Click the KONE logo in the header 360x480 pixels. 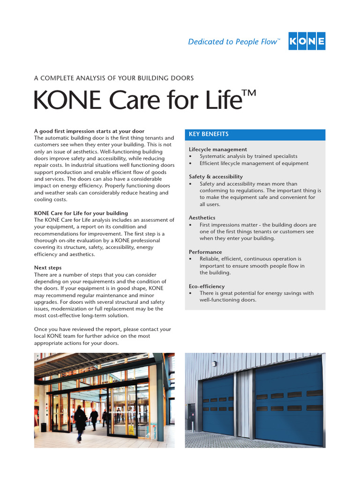(307, 41)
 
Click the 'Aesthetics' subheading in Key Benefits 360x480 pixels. (202, 218)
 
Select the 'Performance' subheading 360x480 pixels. (205, 252)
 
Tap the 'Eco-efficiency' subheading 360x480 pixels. (207, 286)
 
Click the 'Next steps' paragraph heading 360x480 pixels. (48, 268)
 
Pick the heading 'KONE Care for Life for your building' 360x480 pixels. (81, 213)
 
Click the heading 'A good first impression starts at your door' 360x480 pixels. (89, 131)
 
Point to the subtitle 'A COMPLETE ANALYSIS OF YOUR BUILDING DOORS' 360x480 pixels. (114, 78)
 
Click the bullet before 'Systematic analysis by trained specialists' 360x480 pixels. (190, 157)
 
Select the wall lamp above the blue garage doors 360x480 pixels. (214, 364)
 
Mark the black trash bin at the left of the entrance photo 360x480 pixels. (44, 427)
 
